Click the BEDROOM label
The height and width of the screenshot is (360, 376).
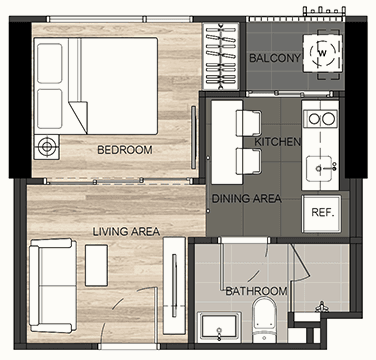tap(125, 150)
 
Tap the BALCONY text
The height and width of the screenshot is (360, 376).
tap(275, 58)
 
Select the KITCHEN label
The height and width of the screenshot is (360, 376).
tap(277, 142)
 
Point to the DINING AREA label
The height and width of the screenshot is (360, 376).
tap(247, 199)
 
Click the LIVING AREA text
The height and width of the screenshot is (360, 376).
tap(126, 231)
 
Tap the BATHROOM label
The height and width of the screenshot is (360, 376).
tap(256, 291)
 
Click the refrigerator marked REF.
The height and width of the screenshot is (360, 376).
tap(322, 214)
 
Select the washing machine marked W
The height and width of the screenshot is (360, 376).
tap(322, 53)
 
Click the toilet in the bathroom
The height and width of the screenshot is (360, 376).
tap(264, 318)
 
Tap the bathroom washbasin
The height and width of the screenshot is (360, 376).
tap(219, 327)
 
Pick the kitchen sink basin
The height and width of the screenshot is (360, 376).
tap(319, 168)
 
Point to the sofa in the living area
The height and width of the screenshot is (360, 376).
tap(52, 285)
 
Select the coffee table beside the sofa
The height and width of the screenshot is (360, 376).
tap(96, 265)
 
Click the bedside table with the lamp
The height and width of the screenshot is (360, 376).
tap(47, 147)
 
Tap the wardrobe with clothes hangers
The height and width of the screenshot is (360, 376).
tap(221, 56)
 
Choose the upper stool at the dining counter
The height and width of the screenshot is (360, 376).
tap(248, 123)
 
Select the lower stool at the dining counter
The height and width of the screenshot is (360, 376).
tap(248, 161)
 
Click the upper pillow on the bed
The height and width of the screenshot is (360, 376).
tap(50, 63)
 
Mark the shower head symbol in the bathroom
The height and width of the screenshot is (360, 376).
tap(322, 307)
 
